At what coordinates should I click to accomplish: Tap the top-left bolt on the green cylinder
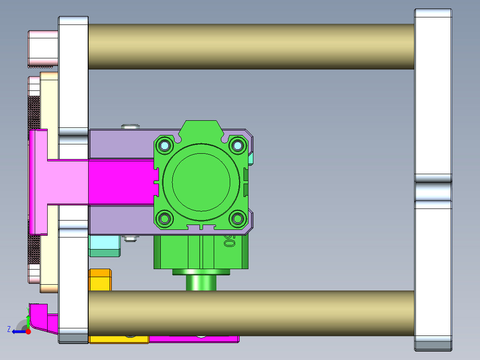coord(165,145)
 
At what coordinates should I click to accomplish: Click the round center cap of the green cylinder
coord(201,182)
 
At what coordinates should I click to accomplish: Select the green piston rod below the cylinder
coord(201,282)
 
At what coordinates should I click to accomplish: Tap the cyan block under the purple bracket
coord(105,246)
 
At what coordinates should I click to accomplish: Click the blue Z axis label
coord(9,329)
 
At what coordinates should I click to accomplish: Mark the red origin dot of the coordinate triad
coord(28,331)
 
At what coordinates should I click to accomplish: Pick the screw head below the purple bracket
coord(130,239)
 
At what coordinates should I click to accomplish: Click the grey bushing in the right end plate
coord(433,191)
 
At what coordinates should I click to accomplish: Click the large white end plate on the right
coord(433,98)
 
